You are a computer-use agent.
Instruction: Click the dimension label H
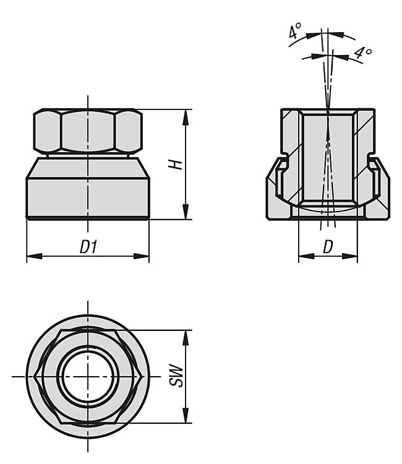pyautogui.click(x=175, y=165)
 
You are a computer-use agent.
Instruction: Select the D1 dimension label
pyautogui.click(x=88, y=246)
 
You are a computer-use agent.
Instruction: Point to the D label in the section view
pyautogui.click(x=328, y=246)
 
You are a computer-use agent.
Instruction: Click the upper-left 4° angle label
pyautogui.click(x=295, y=32)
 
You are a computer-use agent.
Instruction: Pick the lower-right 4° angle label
pyautogui.click(x=363, y=53)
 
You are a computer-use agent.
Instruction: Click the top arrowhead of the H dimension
pyautogui.click(x=186, y=117)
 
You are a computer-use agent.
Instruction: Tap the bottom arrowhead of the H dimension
pyautogui.click(x=186, y=212)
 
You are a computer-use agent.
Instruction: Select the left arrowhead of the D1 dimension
pyautogui.click(x=34, y=256)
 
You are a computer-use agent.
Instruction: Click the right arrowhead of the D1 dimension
pyautogui.click(x=142, y=256)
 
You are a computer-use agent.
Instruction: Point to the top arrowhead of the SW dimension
pyautogui.click(x=186, y=338)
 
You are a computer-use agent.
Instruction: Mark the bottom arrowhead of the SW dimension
pyautogui.click(x=186, y=416)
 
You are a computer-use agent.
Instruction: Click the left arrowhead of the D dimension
pyautogui.click(x=306, y=256)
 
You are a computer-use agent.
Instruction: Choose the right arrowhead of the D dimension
pyautogui.click(x=350, y=256)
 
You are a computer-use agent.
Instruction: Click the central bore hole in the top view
pyautogui.click(x=88, y=376)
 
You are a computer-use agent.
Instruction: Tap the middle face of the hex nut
pyautogui.click(x=88, y=131)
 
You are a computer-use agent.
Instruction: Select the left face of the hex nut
pyautogui.click(x=48, y=131)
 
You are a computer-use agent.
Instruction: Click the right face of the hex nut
pyautogui.click(x=129, y=131)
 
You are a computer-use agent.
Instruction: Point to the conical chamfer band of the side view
pyautogui.click(x=88, y=168)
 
